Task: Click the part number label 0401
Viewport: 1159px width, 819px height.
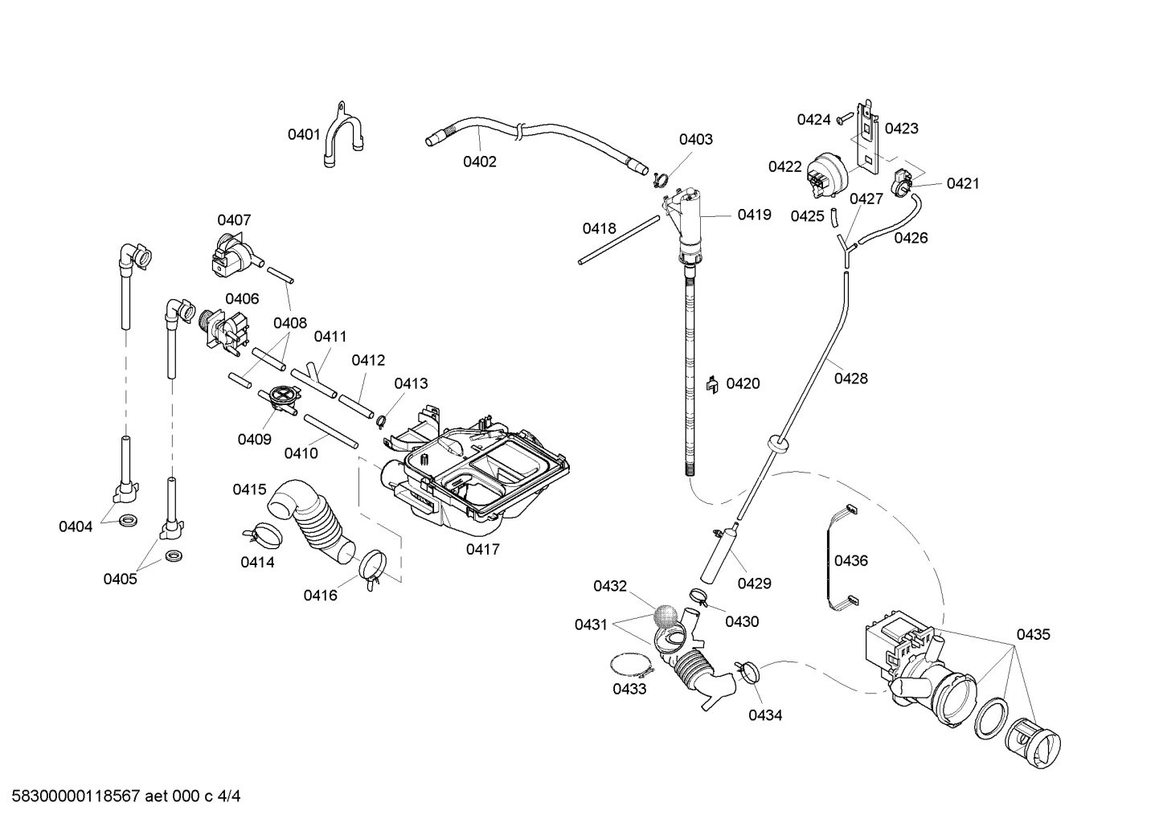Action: tap(304, 134)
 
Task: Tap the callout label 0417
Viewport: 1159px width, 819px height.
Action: tap(482, 550)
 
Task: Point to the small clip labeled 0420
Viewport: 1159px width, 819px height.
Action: tap(711, 384)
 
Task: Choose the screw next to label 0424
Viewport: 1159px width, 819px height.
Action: tap(843, 119)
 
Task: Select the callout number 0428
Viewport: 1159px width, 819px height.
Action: tap(850, 378)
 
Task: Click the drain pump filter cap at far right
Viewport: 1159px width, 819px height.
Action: tap(1034, 743)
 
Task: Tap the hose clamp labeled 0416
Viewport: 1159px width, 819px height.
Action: tap(371, 567)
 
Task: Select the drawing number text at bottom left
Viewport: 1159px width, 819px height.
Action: tap(121, 796)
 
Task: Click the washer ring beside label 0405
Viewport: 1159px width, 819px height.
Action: tap(172, 556)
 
